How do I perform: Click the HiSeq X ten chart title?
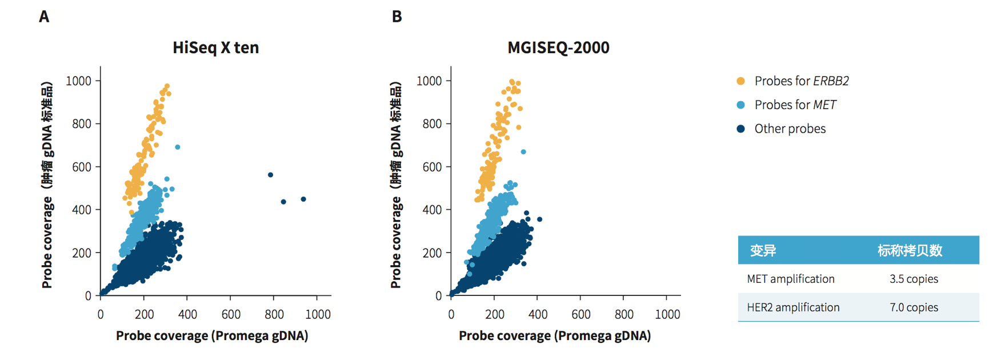[x=215, y=47]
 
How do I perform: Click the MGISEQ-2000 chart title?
[x=558, y=47]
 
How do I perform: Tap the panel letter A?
[x=44, y=17]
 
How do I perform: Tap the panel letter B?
[x=397, y=17]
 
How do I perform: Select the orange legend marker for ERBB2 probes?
[x=740, y=81]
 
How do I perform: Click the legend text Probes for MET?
[x=795, y=105]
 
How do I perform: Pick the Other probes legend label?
[x=790, y=129]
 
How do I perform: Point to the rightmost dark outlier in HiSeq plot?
[x=303, y=199]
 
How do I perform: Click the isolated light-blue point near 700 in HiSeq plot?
[x=178, y=147]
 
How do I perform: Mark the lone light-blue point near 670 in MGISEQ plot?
[x=523, y=152]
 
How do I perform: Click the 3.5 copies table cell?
[x=914, y=279]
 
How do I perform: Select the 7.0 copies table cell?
[x=914, y=307]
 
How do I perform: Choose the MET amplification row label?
[x=791, y=279]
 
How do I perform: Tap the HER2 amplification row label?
[x=793, y=307]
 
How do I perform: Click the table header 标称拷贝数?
[x=910, y=250]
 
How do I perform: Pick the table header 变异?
[x=763, y=250]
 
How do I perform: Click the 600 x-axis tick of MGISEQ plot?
[x=580, y=314]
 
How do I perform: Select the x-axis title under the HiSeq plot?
[x=212, y=336]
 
